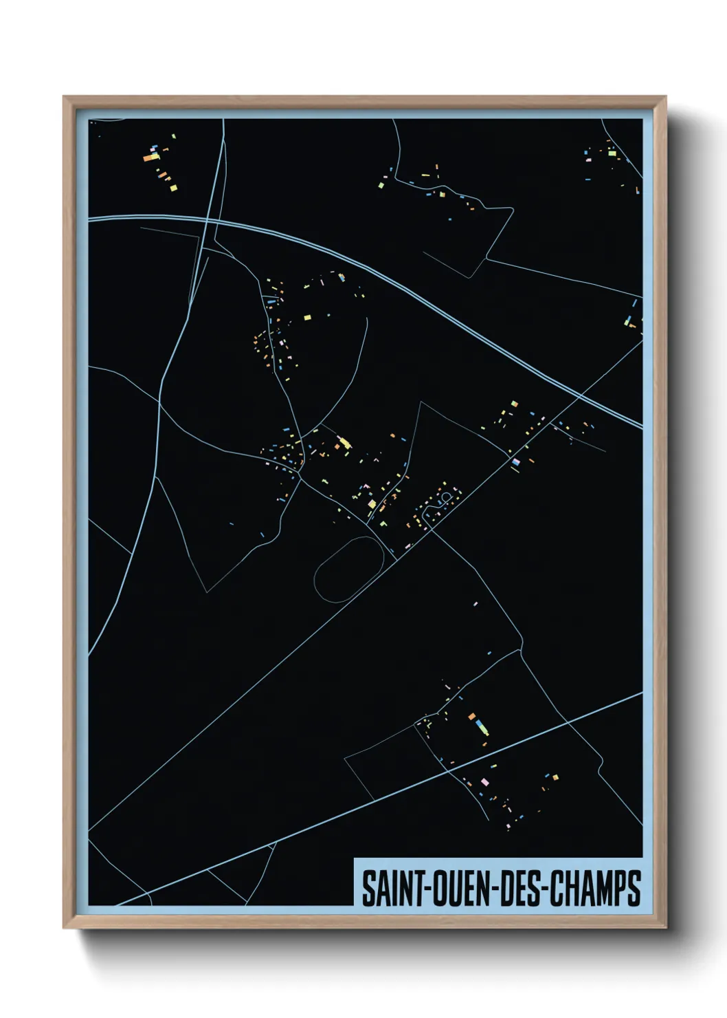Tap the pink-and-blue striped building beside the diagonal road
click(x=515, y=462)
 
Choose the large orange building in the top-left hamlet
click(x=149, y=158)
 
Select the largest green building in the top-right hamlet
click(x=612, y=153)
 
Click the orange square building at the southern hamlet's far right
click(x=555, y=778)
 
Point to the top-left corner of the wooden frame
click(x=64, y=97)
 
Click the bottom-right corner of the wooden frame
click(x=666, y=929)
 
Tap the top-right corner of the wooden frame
click(x=666, y=97)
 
